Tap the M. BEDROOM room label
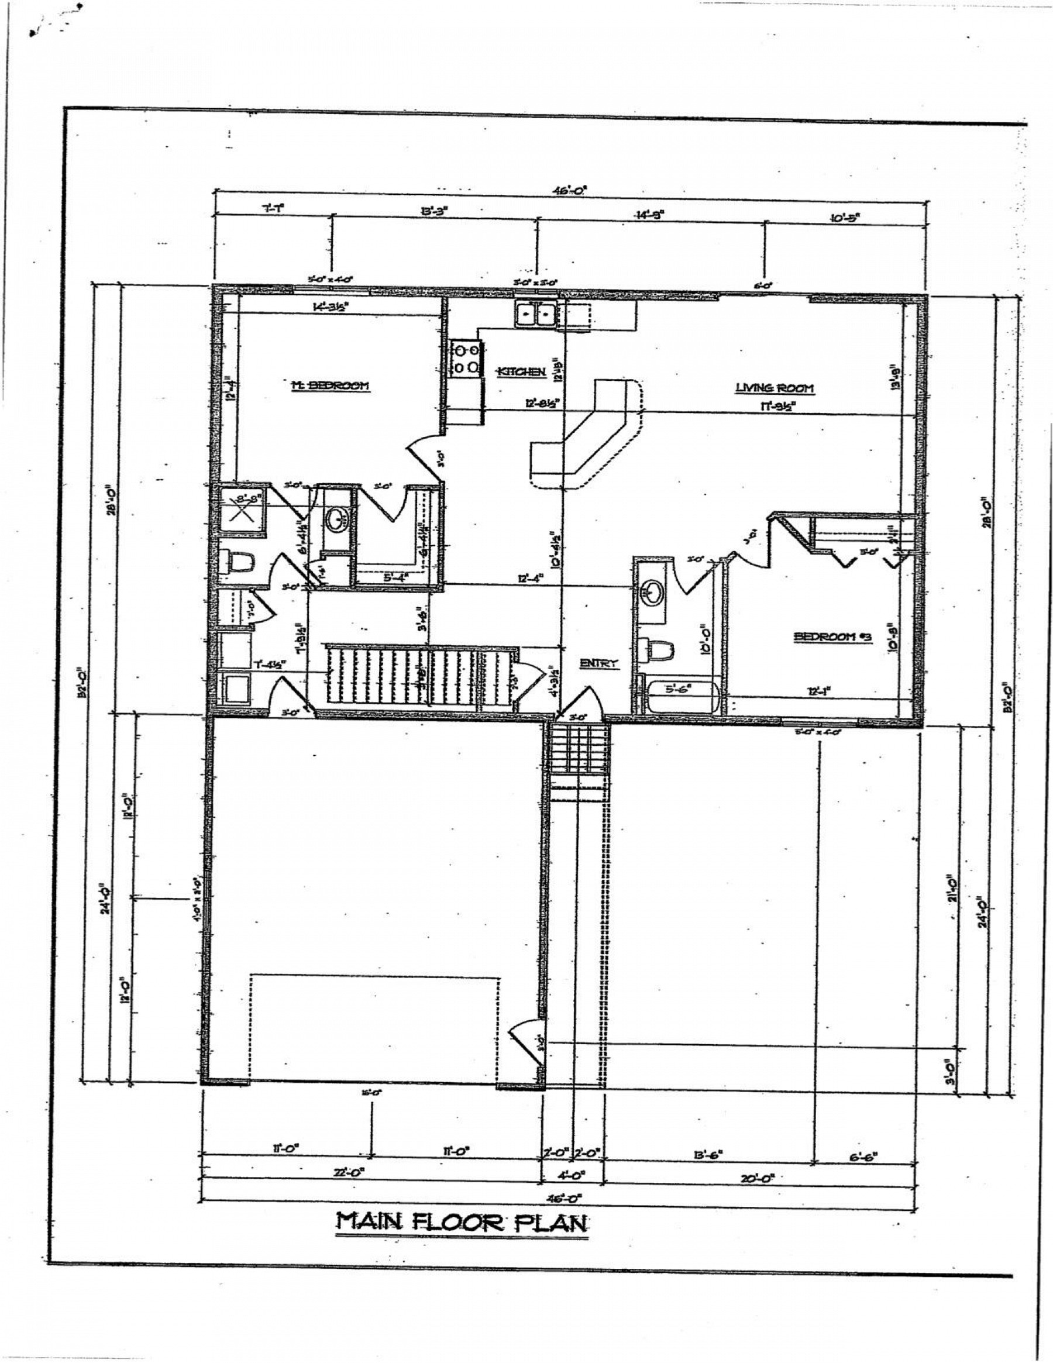pos(331,386)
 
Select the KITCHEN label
pos(521,372)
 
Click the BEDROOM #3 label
pos(823,636)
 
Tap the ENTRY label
pos(598,663)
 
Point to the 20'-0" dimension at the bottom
pos(758,1178)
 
